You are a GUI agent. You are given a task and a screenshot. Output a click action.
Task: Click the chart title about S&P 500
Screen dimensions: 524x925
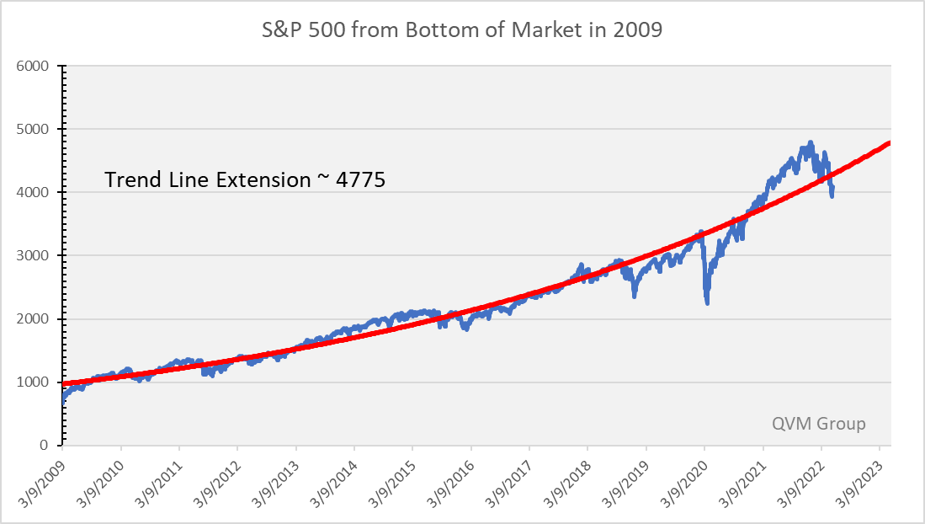(x=462, y=30)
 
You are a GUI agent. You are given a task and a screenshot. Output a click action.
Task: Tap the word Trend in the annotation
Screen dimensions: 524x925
(x=129, y=179)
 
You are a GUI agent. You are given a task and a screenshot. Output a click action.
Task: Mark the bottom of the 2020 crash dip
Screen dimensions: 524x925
(x=707, y=303)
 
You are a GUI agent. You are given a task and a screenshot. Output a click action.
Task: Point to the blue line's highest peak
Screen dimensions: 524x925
(x=811, y=142)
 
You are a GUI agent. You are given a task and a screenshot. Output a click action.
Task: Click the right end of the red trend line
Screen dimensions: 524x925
(x=890, y=143)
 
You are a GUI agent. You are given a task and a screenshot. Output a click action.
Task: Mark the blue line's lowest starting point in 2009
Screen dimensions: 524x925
(x=62, y=403)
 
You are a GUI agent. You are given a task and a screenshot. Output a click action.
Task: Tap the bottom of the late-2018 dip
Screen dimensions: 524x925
(x=635, y=296)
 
